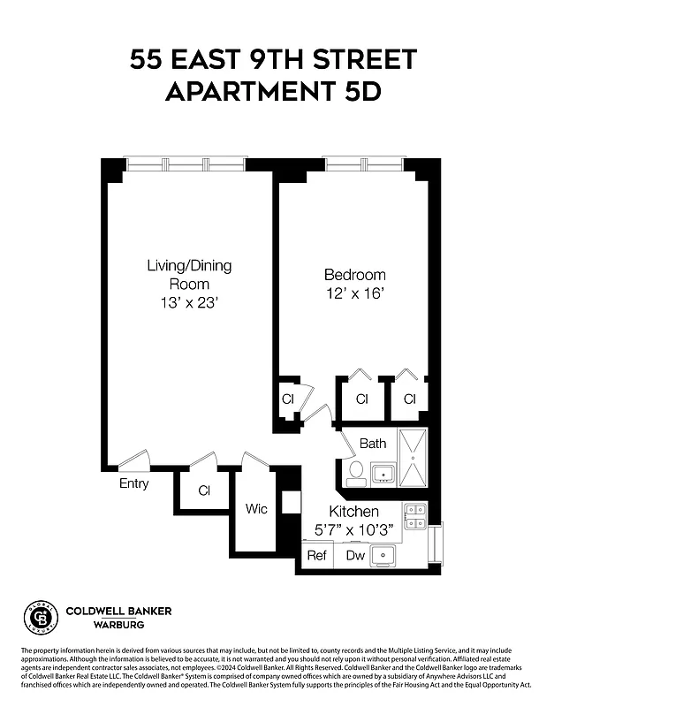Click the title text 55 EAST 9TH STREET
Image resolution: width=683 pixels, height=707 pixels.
pyautogui.click(x=273, y=60)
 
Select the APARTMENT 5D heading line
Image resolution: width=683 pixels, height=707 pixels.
pyautogui.click(x=273, y=91)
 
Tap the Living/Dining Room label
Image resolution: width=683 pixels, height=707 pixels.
pyautogui.click(x=189, y=274)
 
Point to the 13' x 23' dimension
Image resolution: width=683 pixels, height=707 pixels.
pyautogui.click(x=189, y=302)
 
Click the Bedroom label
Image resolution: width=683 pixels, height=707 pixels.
pyautogui.click(x=354, y=275)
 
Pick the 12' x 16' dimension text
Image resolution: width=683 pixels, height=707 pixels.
pyautogui.click(x=354, y=293)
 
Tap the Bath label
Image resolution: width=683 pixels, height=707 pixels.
pyautogui.click(x=372, y=444)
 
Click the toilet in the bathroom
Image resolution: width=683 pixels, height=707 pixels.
pyautogui.click(x=356, y=473)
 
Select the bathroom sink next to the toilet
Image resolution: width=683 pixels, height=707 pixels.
pyautogui.click(x=383, y=475)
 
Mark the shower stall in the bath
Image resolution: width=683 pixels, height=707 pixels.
pyautogui.click(x=413, y=458)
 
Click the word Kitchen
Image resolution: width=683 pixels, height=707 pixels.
pyautogui.click(x=353, y=512)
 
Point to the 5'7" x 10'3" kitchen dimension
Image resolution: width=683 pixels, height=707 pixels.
pyautogui.click(x=353, y=530)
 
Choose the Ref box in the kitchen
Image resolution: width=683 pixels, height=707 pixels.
pyautogui.click(x=316, y=556)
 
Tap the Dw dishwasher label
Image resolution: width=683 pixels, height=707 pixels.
pyautogui.click(x=355, y=556)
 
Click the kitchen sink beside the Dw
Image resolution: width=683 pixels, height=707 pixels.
pyautogui.click(x=383, y=555)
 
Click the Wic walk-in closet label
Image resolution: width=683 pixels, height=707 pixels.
pyautogui.click(x=256, y=509)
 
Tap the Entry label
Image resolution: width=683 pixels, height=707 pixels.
pyautogui.click(x=134, y=483)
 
